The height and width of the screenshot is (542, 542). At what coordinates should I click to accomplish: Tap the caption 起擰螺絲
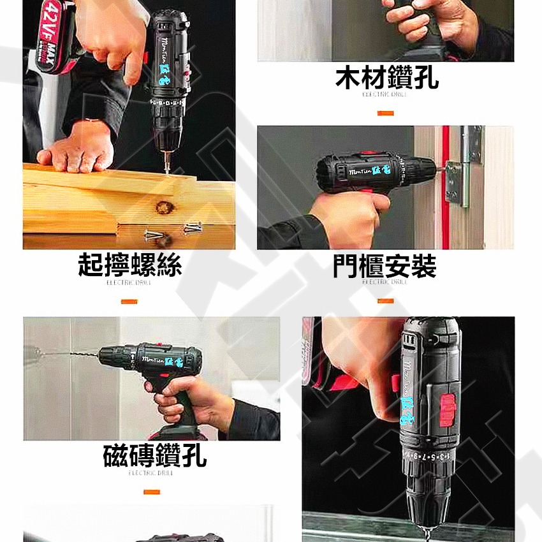[x=129, y=265]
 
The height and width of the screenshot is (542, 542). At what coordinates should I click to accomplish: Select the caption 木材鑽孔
[x=387, y=78]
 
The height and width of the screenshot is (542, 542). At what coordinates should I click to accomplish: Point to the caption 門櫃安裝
[x=384, y=265]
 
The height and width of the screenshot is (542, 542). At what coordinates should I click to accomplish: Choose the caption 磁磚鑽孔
[x=155, y=455]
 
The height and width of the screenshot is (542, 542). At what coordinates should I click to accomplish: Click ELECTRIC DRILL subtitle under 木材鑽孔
[x=385, y=94]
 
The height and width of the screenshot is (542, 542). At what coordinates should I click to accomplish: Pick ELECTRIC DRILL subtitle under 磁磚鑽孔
[x=150, y=473]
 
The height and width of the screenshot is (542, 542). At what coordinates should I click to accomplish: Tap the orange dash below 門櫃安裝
[x=385, y=301]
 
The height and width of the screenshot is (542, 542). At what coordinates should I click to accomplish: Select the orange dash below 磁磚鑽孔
[x=151, y=492]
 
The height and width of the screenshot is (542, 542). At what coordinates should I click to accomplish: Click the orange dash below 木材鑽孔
[x=385, y=114]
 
